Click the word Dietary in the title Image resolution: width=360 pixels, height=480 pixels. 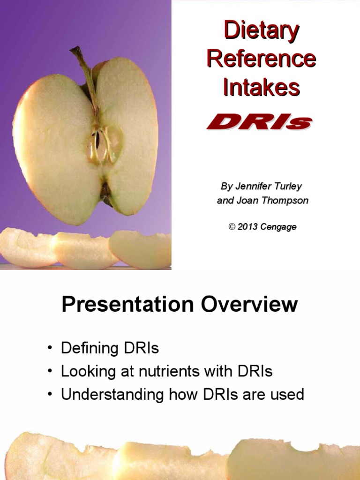[261, 31]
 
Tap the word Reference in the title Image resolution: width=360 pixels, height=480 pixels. [261, 59]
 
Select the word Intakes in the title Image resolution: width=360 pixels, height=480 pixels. [261, 87]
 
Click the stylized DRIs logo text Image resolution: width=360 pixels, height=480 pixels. [259, 123]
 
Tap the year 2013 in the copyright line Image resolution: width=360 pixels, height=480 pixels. [247, 227]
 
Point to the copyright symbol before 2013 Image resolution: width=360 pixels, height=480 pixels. [231, 227]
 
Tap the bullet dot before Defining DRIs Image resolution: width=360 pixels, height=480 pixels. [49, 349]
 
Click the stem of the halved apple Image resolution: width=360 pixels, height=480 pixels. [85, 70]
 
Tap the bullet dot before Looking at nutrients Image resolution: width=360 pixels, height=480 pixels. [49, 372]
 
